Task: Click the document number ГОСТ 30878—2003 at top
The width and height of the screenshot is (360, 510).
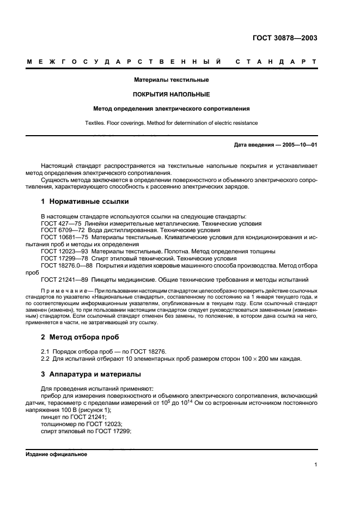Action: point(285,38)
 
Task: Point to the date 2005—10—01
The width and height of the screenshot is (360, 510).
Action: point(298,145)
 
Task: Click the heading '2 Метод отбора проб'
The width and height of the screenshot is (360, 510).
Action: point(81,337)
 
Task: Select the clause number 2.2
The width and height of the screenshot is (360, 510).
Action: point(46,359)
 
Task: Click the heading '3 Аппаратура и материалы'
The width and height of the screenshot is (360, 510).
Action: point(91,374)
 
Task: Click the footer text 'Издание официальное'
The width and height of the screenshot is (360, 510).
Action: point(57,454)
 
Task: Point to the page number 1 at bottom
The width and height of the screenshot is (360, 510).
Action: point(315,465)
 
